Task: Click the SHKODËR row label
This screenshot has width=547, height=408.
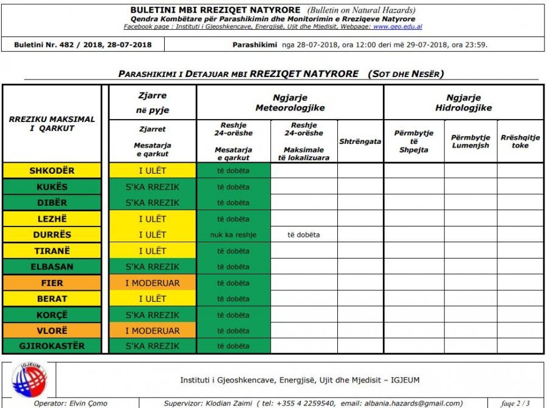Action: point(52,171)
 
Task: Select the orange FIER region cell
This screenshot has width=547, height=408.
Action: point(52,283)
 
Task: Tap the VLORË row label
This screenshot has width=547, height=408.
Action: point(52,331)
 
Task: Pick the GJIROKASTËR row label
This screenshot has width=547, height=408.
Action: point(52,347)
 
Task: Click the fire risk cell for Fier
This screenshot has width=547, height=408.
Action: point(153,283)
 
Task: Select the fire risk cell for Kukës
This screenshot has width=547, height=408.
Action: point(153,187)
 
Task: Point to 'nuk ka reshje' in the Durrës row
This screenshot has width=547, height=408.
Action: point(233,235)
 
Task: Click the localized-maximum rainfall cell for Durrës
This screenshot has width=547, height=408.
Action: point(304,235)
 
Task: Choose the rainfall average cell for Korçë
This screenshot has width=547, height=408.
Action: point(233,315)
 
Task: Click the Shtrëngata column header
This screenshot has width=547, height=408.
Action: point(360,141)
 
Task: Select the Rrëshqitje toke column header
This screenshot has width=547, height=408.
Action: point(520,141)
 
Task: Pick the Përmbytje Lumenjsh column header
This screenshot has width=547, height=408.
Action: point(470,141)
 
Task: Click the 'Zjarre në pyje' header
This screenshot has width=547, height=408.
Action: point(153,103)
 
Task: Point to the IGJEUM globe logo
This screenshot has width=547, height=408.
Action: point(29,381)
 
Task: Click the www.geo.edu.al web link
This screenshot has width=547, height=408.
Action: point(397,27)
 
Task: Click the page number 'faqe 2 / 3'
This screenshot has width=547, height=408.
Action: point(515,403)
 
